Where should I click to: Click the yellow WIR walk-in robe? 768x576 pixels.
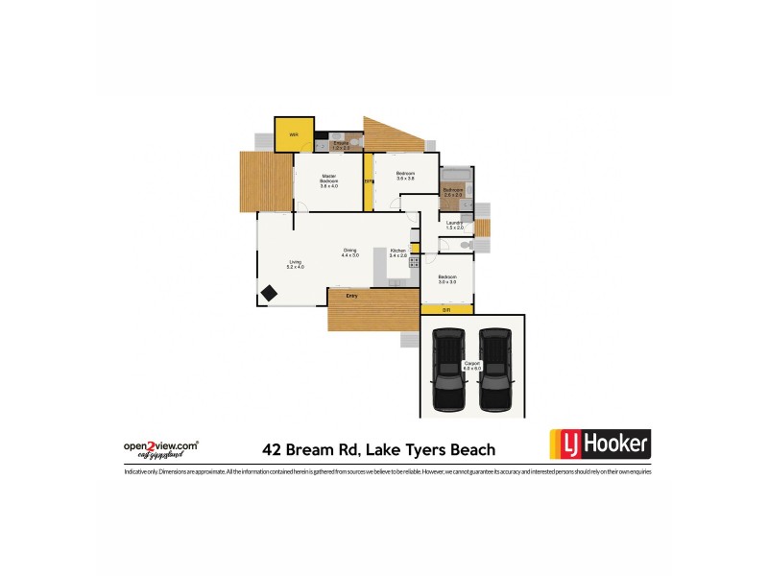click(294, 134)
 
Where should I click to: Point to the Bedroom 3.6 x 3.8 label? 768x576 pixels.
click(405, 176)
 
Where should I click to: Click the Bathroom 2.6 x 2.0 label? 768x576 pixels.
click(454, 192)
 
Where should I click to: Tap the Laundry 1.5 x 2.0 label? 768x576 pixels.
click(455, 225)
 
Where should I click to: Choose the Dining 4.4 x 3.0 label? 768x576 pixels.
click(349, 252)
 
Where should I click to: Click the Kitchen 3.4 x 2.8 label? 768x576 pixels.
click(397, 253)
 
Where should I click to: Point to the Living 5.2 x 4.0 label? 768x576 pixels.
click(296, 264)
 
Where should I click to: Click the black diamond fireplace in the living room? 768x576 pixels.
click(269, 294)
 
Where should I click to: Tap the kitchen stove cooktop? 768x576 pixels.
click(415, 261)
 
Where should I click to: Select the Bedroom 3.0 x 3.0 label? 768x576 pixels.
click(447, 279)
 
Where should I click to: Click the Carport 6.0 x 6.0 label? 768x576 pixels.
click(471, 366)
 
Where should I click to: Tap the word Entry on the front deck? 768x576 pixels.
click(352, 296)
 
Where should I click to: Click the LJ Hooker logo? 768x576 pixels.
click(600, 444)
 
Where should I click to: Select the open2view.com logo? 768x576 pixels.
click(161, 447)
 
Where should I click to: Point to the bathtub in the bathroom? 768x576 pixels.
click(455, 176)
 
